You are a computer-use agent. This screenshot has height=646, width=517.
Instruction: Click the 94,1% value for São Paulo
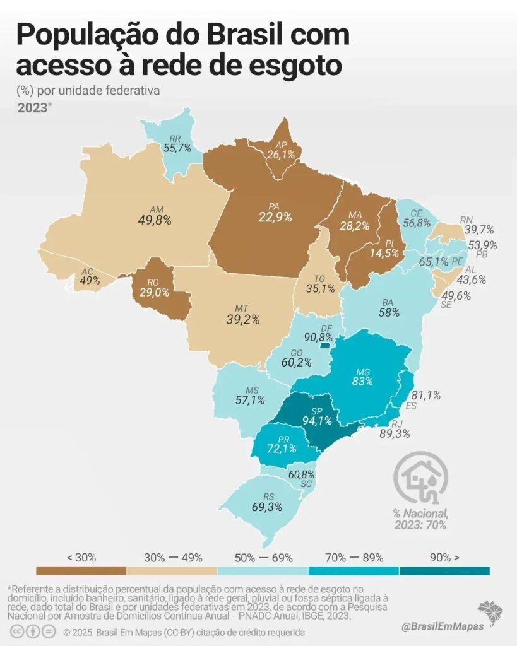(x=317, y=420)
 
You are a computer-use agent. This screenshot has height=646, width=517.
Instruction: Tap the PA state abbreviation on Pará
(x=274, y=206)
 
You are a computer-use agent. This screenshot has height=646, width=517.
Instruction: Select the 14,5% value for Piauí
(x=384, y=253)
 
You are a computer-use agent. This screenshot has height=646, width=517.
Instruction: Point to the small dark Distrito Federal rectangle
(x=325, y=346)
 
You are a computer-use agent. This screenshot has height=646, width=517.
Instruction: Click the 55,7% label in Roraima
(x=177, y=148)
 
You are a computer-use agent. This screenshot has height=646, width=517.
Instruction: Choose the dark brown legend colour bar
(x=81, y=570)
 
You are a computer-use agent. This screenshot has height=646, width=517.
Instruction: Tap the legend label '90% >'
(x=444, y=558)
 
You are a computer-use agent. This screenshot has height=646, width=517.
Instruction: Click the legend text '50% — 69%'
(x=263, y=558)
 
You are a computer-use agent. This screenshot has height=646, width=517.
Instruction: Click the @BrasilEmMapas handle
(x=443, y=626)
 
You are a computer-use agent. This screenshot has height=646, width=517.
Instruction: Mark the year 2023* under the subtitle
(x=35, y=108)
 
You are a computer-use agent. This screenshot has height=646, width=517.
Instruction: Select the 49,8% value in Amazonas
(x=155, y=220)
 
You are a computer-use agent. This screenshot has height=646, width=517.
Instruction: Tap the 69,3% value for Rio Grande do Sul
(x=267, y=507)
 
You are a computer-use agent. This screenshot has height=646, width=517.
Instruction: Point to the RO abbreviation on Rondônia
(x=153, y=283)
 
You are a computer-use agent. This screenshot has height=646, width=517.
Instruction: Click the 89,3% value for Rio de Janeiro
(x=395, y=433)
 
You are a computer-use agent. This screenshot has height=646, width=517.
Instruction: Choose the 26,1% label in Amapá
(x=281, y=154)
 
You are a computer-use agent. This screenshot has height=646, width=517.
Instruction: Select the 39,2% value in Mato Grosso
(x=243, y=319)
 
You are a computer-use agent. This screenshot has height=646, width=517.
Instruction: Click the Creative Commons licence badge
(x=33, y=631)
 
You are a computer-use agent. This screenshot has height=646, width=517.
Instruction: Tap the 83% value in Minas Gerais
(x=362, y=381)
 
